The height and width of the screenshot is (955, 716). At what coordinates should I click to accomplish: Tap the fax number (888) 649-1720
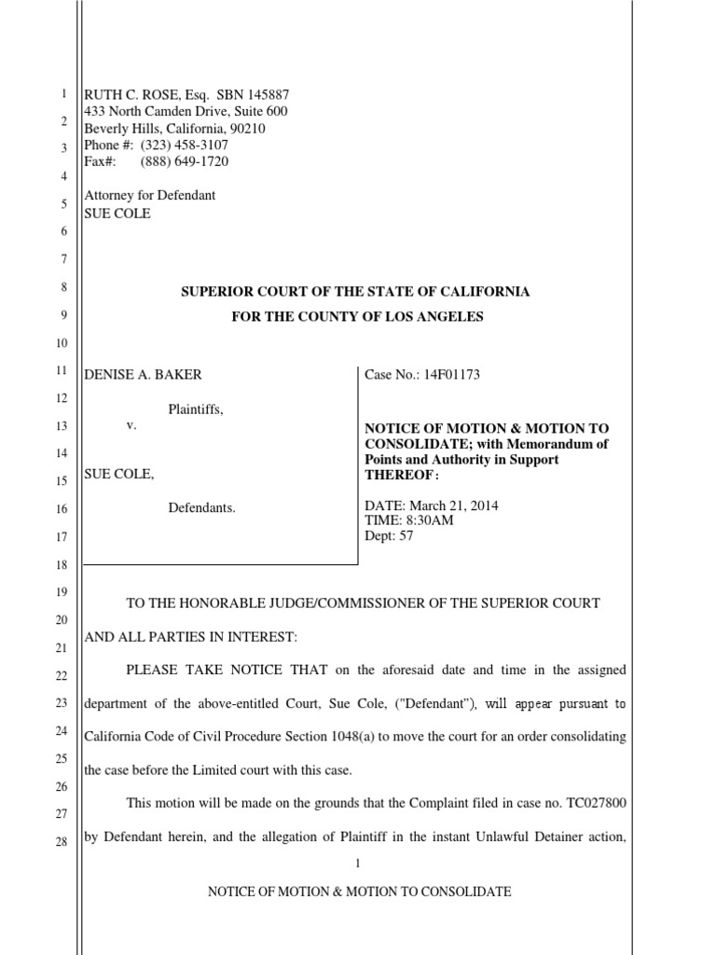tap(184, 161)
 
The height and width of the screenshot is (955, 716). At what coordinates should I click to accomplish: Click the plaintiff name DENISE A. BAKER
tap(143, 374)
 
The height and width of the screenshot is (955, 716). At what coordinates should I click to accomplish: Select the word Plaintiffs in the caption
tap(196, 408)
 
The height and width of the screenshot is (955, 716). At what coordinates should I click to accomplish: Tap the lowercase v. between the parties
tap(132, 424)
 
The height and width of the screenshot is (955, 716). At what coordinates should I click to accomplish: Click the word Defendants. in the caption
tap(201, 508)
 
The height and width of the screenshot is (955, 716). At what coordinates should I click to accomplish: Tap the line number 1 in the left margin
tap(62, 94)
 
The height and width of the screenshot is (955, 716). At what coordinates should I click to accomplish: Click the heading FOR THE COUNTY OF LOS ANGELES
tap(357, 317)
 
